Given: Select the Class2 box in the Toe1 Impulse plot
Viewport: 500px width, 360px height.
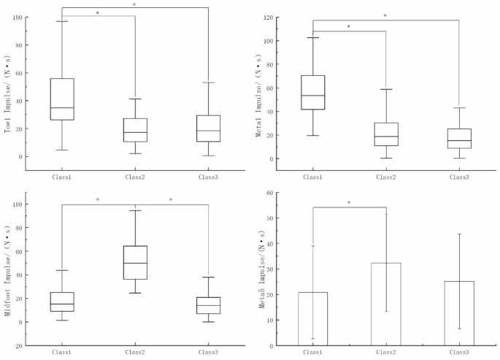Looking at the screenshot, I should pyautogui.click(x=135, y=130).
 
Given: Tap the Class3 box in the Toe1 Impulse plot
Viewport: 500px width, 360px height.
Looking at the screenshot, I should pyautogui.click(x=208, y=129).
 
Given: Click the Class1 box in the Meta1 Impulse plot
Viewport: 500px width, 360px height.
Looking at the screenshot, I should pyautogui.click(x=313, y=92).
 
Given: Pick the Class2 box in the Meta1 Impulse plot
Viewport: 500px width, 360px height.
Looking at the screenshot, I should pyautogui.click(x=386, y=134).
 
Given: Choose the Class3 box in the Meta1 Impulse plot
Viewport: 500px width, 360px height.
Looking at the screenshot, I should pyautogui.click(x=459, y=139).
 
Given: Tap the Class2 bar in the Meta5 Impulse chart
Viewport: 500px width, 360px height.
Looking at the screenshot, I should pyautogui.click(x=386, y=304).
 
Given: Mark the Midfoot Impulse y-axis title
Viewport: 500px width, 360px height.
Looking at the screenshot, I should pyautogui.click(x=8, y=268).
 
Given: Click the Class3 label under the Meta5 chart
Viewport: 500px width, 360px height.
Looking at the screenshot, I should pyautogui.click(x=459, y=353).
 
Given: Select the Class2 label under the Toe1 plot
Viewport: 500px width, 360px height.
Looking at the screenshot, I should pyautogui.click(x=135, y=177).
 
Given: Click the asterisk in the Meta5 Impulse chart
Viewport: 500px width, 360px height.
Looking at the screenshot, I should pyautogui.click(x=349, y=203).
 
